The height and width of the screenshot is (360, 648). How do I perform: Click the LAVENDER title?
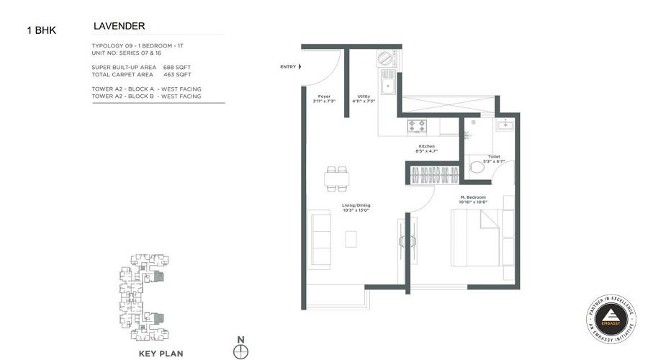point(120,26)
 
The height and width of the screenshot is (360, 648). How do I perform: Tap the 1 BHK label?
point(41,30)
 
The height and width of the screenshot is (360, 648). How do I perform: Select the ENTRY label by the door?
point(288,67)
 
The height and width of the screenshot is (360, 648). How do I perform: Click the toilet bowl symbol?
point(477,167)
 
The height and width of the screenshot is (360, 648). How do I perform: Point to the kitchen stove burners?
point(417,125)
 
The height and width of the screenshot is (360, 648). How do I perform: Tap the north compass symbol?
point(241,351)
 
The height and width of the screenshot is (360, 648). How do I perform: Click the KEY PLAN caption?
point(161,354)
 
